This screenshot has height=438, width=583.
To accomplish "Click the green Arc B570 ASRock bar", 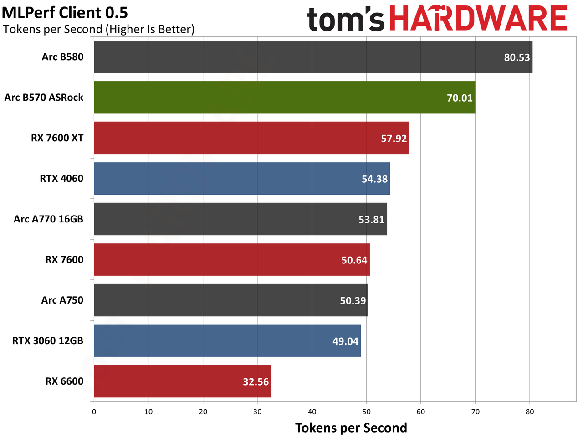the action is pos(285,97).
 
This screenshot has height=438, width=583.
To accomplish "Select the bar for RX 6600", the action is pos(183,381).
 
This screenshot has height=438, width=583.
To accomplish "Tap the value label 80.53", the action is pos(517,57).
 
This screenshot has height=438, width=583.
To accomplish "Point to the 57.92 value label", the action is pos(394,139).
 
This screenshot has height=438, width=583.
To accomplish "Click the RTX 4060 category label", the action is pos(61,179).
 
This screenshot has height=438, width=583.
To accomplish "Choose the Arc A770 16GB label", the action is pos(48,219).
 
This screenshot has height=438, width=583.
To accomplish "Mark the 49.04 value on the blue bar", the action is pos(346,341).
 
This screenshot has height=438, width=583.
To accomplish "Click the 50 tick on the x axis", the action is pos(366,412).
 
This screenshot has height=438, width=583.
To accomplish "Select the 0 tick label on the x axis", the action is pos(94,412).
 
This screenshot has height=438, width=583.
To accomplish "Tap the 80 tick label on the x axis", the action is pos(530,412).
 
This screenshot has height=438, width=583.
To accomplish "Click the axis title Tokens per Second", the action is pos(351,428).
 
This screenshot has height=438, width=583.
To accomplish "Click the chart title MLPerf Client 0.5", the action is pos(65,12).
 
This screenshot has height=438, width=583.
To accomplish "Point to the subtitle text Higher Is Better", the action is pos(150,29).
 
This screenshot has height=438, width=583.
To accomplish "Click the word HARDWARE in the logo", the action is pos(478,18).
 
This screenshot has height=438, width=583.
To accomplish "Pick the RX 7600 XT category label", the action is pos(57,138).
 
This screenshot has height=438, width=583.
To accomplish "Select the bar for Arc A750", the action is pos(231,300).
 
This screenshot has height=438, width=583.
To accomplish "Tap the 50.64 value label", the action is pos(354,260).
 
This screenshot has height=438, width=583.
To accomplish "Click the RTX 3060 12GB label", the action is pos(48,341).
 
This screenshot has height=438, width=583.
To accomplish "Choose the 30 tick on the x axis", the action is pos(257,412).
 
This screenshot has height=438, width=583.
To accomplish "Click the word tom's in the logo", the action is pos(346,19).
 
